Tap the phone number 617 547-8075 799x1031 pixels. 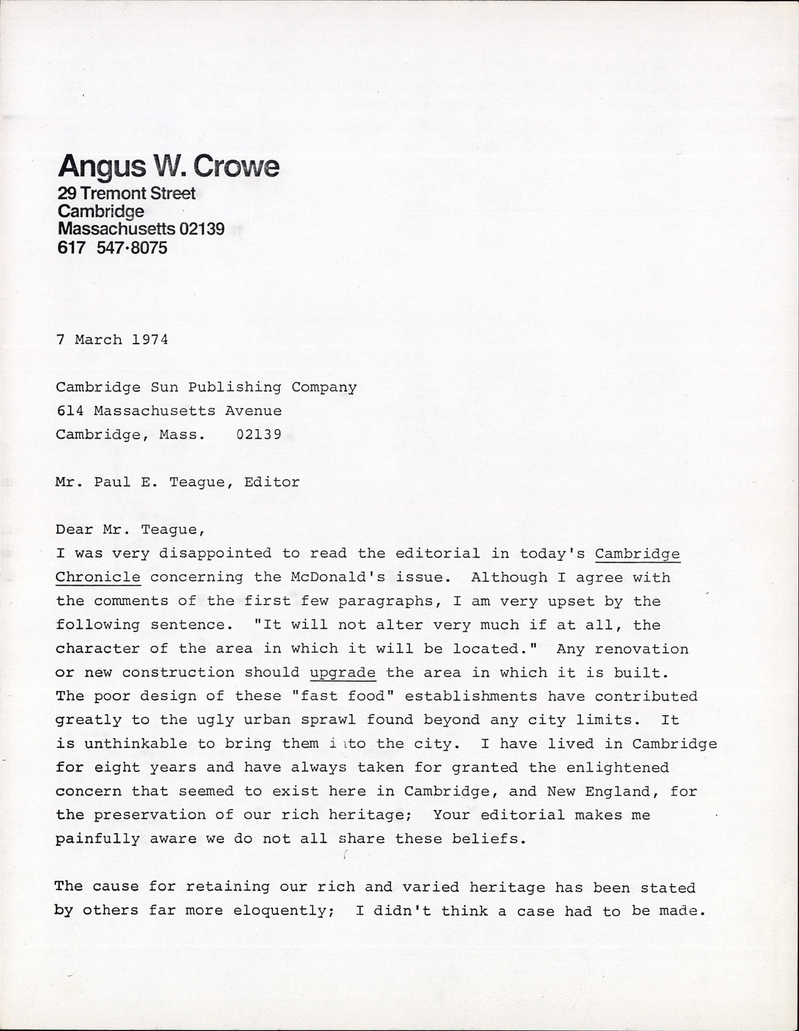[112, 248]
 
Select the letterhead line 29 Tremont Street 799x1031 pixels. [127, 194]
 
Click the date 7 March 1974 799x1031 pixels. [112, 340]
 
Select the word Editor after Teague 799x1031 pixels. [272, 482]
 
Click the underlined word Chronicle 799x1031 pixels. [98, 577]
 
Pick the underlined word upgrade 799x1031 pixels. [343, 672]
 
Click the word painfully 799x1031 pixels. [98, 839]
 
